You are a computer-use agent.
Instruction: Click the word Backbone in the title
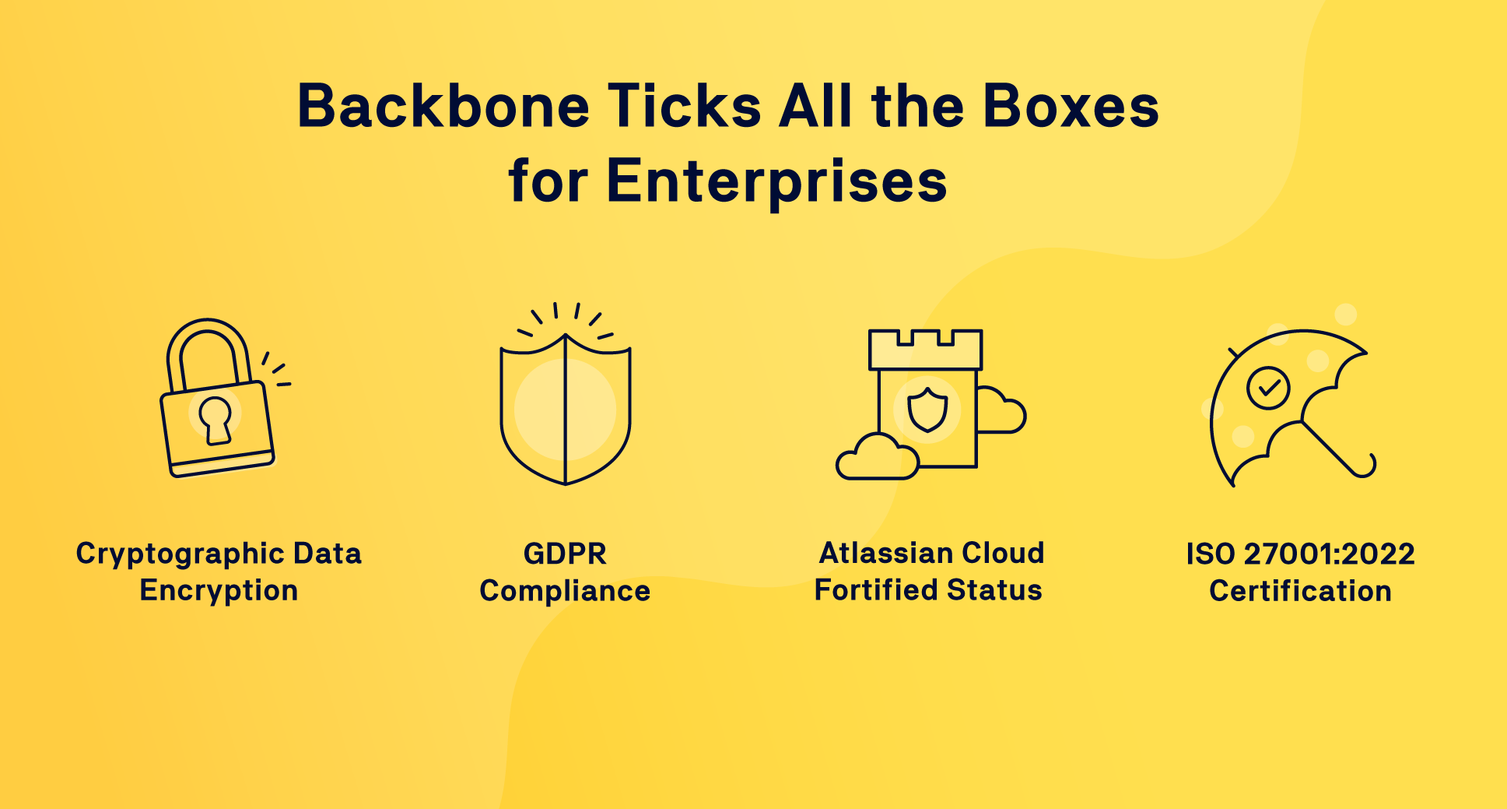(443, 106)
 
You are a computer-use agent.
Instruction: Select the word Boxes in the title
(1071, 106)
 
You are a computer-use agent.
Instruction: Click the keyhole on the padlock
(216, 420)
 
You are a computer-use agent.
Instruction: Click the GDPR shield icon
(566, 409)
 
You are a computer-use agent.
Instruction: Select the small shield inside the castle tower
(927, 410)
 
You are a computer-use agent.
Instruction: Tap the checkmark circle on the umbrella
(1268, 388)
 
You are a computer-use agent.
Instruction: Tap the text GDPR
(565, 554)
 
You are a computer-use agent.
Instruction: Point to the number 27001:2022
(1330, 554)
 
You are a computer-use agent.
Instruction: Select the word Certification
(1300, 591)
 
